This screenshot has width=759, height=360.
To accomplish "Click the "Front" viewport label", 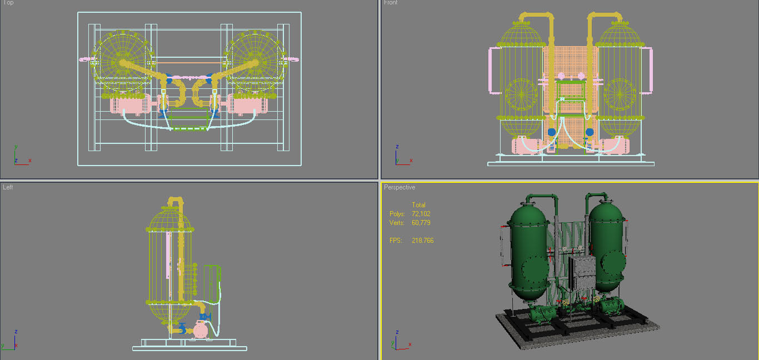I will pyautogui.click(x=391, y=3).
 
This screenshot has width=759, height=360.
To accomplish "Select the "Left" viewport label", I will pyautogui.click(x=8, y=187).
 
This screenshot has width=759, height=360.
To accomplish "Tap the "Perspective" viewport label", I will pyautogui.click(x=400, y=187).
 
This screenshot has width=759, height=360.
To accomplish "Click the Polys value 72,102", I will pyautogui.click(x=421, y=214).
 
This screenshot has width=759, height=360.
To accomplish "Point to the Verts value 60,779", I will pyautogui.click(x=421, y=223).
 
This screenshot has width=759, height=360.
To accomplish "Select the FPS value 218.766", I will pyautogui.click(x=422, y=241).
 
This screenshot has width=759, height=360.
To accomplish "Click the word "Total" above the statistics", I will pyautogui.click(x=418, y=205).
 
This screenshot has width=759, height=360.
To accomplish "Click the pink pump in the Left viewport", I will pyautogui.click(x=200, y=330).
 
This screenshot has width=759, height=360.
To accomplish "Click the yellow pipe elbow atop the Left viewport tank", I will pyautogui.click(x=176, y=201).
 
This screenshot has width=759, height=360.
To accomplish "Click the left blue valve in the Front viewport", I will pyautogui.click(x=552, y=132).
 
